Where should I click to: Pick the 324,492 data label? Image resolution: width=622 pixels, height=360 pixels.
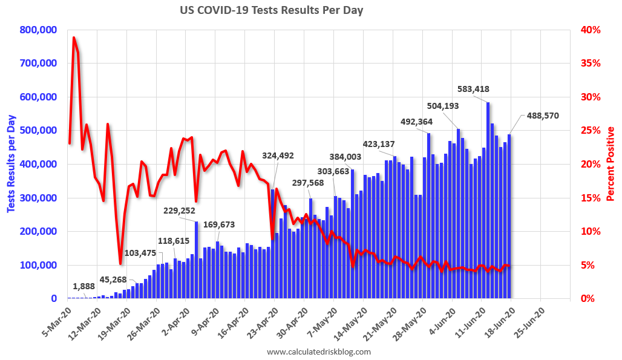click(278, 155)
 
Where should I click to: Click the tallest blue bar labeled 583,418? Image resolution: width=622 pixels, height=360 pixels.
click(488, 200)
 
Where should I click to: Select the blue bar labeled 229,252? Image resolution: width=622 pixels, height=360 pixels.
click(197, 260)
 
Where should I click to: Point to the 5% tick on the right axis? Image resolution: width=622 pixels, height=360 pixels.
click(589, 265)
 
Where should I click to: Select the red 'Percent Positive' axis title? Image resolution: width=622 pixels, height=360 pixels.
click(611, 164)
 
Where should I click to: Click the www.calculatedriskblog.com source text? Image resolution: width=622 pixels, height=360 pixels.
click(318, 352)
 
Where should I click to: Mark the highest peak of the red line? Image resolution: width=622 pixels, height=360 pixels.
click(74, 38)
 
